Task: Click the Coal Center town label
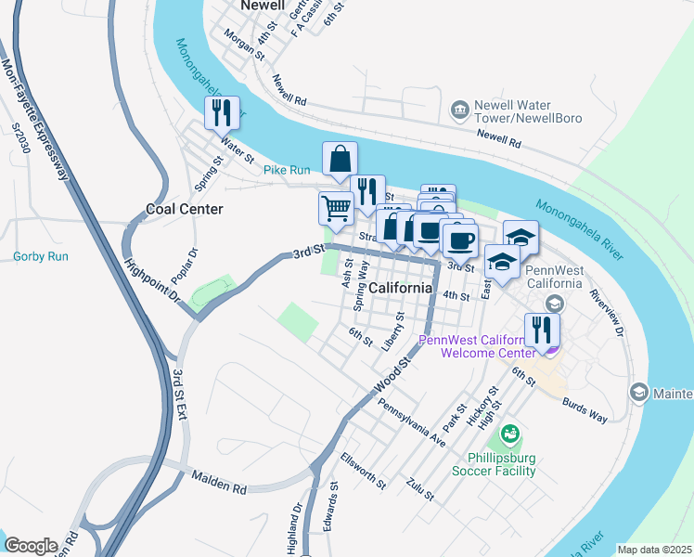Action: point(185,209)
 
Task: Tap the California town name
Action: point(401,288)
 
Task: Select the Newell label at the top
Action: point(261,6)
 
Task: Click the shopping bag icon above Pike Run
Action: point(341,159)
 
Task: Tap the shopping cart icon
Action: point(336,208)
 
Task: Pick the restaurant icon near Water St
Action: point(223,113)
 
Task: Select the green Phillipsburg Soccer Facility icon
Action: point(509,434)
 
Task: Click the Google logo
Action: point(31,545)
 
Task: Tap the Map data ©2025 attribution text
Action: point(654,550)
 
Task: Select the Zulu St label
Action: point(420,489)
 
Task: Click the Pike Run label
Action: point(287,170)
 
